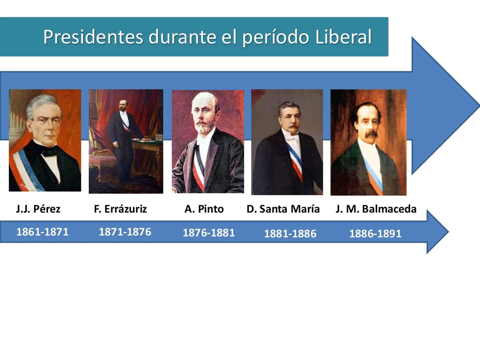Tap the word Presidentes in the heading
pos(93,37)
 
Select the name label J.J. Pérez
pos(38,209)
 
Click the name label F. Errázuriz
pos(120,209)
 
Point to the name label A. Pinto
pos(204,209)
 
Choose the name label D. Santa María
pos(283,209)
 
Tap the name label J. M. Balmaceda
pos(376,209)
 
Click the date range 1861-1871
pos(42,232)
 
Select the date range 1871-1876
pos(125,232)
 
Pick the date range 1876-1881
pos(209,233)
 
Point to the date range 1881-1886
pos(290,234)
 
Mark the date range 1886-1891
pos(375,234)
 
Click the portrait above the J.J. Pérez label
pos(45,140)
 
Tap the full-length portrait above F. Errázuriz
pos(126,141)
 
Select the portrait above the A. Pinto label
pos(208,142)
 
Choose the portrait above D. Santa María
pos(287,142)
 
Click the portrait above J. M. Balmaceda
pos(368,142)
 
